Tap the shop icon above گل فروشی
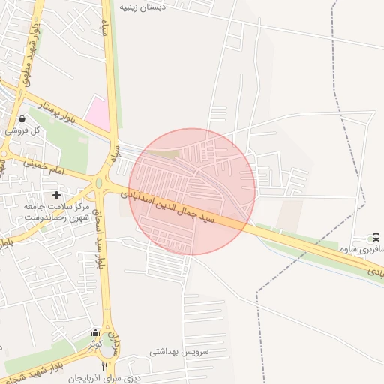(x=21, y=118)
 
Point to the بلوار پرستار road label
(x=60, y=112)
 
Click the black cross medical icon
(x=56, y=195)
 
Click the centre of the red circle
(x=192, y=192)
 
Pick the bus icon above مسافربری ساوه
(x=376, y=237)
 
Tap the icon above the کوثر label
(x=95, y=333)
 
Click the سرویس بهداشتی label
(x=178, y=351)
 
